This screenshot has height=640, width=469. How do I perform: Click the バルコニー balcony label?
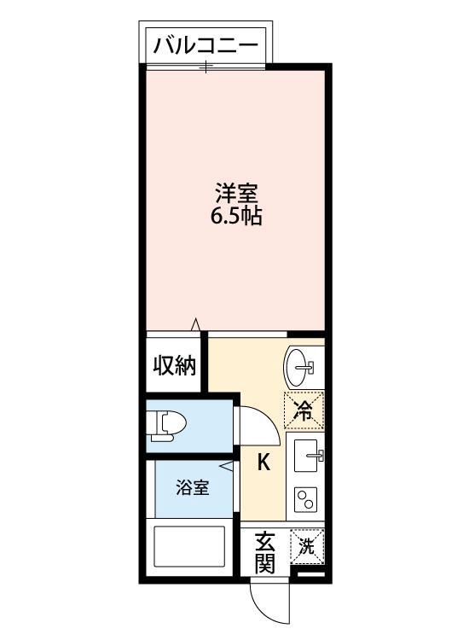(x=205, y=45)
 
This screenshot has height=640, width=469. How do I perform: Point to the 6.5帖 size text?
(x=235, y=216)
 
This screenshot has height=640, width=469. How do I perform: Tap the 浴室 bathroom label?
(x=192, y=488)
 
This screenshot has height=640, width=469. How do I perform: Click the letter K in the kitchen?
(x=264, y=463)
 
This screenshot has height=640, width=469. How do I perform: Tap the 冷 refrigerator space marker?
(x=304, y=409)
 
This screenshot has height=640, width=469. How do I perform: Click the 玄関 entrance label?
(x=265, y=553)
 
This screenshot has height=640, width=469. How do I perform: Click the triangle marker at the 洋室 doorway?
(x=195, y=324)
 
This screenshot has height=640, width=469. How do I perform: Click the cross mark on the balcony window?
(x=205, y=65)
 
